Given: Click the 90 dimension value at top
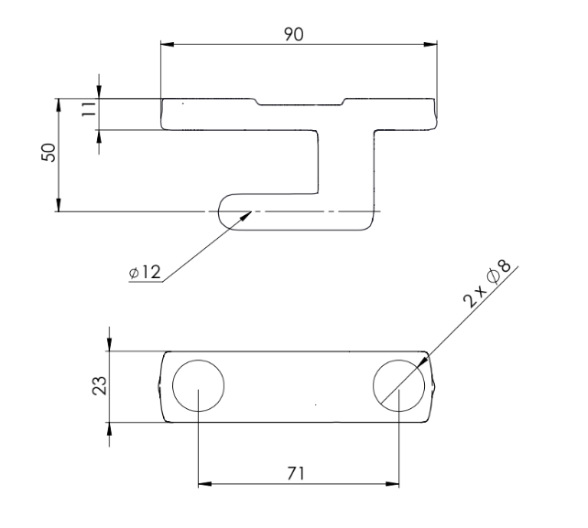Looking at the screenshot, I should point(293,33).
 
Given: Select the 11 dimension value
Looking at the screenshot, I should point(88,113).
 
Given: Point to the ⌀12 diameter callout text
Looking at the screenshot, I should point(145,273).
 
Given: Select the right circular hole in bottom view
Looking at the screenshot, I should point(400,385).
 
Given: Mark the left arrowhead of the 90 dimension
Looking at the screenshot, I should point(166,42).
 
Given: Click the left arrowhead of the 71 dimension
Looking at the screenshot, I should point(204,483).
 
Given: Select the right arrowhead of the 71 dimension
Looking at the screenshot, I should point(395,483).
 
